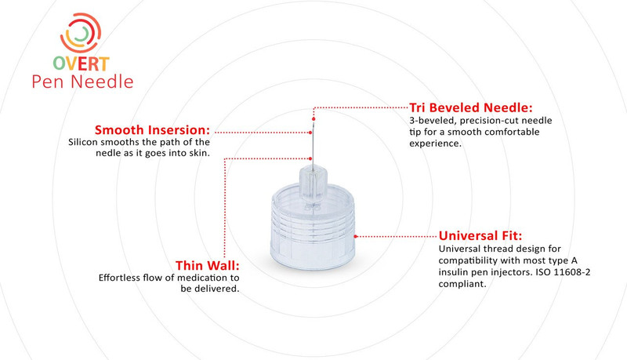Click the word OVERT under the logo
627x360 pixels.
coord(82,64)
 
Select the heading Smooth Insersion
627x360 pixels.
coord(152,130)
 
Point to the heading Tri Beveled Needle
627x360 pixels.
coord(471,107)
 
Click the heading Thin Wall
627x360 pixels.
coord(207,265)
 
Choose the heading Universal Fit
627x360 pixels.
coord(480,235)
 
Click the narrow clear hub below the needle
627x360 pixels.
coord(313,184)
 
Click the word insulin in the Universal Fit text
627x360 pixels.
coord(456,272)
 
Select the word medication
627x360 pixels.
coord(212,278)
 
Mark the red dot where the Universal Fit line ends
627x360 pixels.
coord(356,235)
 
